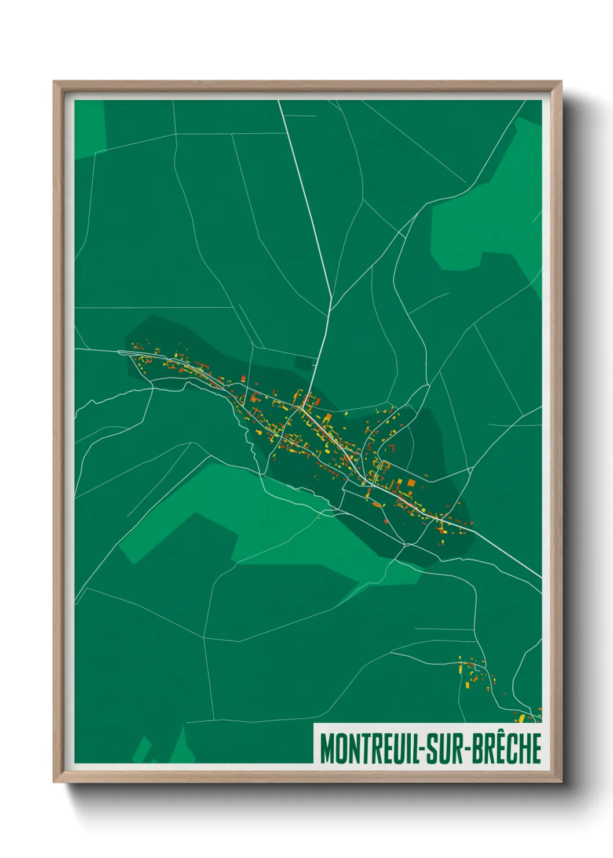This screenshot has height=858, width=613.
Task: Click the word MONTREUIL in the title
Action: point(371,748)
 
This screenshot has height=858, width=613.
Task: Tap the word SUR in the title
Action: point(445,748)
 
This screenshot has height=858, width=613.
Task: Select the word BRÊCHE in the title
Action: point(505,748)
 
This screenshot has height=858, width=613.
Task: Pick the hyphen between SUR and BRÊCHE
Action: point(466,749)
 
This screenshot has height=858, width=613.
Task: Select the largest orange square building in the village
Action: point(411,482)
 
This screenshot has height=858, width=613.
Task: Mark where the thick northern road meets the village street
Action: point(301,408)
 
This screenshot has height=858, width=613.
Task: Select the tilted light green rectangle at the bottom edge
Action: point(141,749)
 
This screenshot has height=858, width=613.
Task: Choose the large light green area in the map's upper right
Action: point(487,220)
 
